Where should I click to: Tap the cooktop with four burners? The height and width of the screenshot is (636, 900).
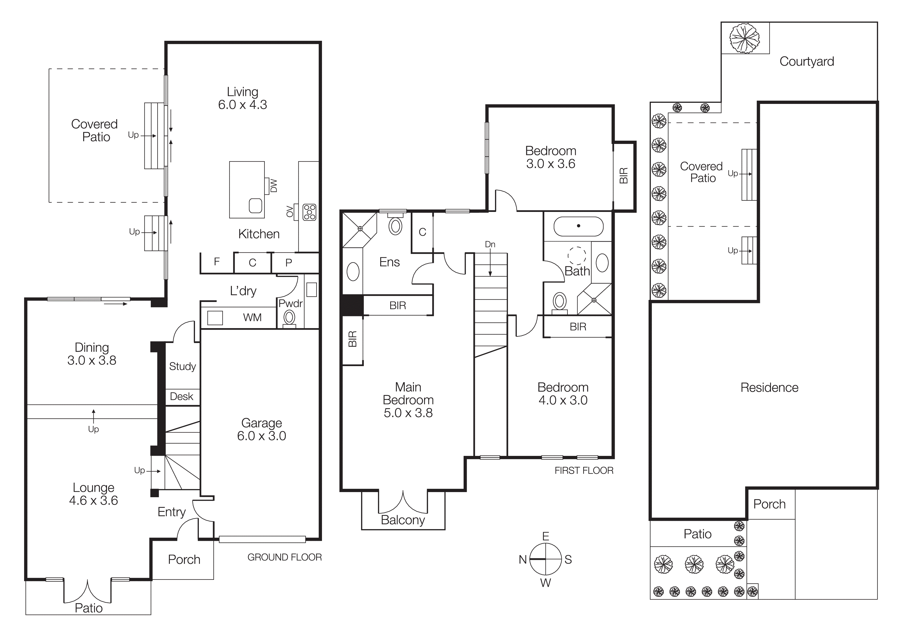[x=309, y=212]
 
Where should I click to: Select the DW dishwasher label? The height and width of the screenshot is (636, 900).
[x=273, y=186]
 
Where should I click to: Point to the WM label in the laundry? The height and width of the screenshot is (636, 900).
[x=252, y=317]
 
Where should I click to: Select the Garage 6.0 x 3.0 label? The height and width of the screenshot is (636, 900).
[x=261, y=429]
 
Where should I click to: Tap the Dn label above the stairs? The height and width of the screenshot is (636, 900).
[x=490, y=244]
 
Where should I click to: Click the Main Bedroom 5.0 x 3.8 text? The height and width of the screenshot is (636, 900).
[x=408, y=400]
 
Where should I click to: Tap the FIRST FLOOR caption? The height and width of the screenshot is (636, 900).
[x=584, y=470]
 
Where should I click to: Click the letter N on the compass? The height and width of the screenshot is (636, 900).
[x=523, y=560]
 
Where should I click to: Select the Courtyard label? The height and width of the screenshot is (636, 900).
[x=806, y=62]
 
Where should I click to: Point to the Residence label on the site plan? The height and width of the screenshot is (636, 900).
[x=769, y=388]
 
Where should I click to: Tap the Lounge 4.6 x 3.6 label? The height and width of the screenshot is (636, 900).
[x=93, y=494]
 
